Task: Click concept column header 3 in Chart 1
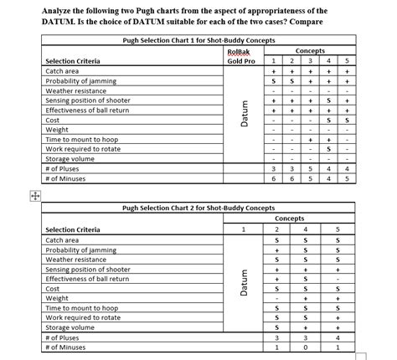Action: [x=310, y=61]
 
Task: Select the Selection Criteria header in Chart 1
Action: [x=72, y=61]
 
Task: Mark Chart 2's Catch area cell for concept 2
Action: [x=276, y=240]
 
